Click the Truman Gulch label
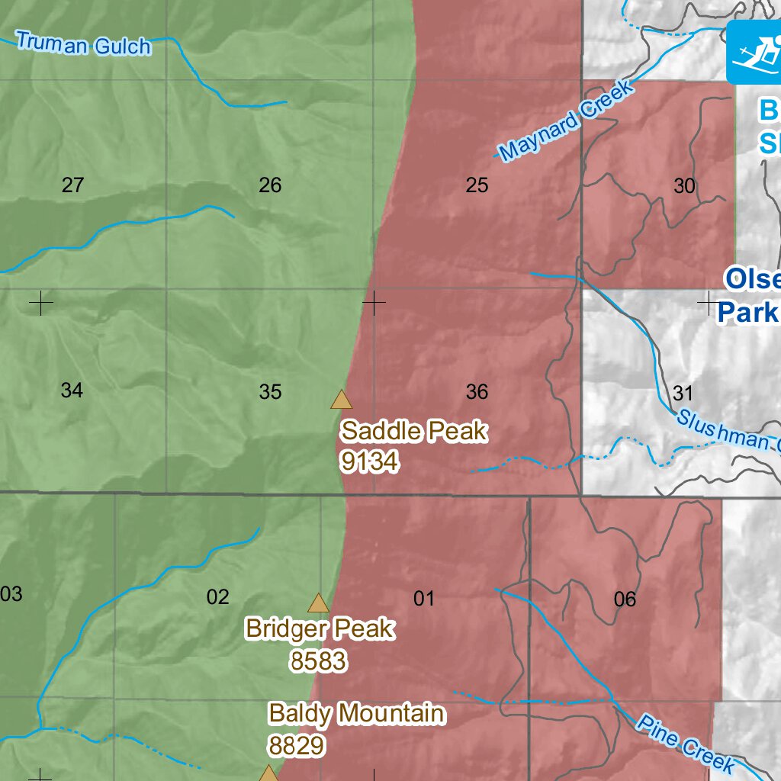point(83,44)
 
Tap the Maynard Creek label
point(565,121)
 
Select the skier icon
point(754,52)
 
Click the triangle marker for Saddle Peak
point(341,400)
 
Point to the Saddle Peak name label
point(413,432)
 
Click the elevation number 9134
point(370,461)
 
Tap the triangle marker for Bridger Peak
point(318,603)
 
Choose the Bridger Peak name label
point(320,629)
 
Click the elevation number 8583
point(318,660)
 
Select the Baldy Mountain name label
point(356,714)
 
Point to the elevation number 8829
point(297,745)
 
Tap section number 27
point(72,185)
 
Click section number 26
point(270,185)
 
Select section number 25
point(477,185)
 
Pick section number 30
point(685,185)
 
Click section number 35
point(270,392)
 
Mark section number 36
point(477,392)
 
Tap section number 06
point(625,599)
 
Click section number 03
point(11,594)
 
